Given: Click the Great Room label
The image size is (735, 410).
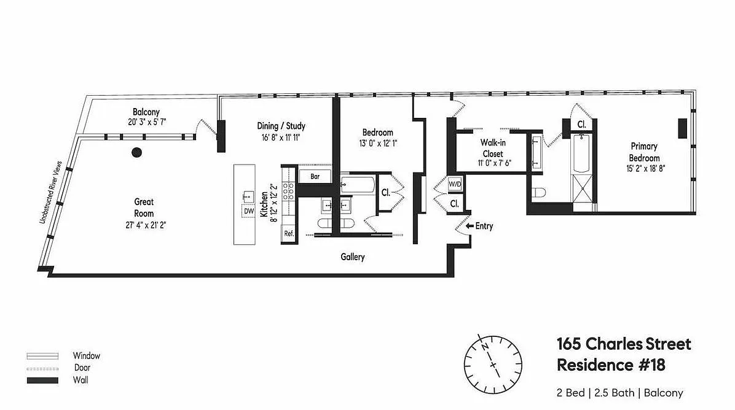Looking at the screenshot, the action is click(144, 207).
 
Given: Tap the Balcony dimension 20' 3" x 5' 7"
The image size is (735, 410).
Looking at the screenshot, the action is click(147, 122).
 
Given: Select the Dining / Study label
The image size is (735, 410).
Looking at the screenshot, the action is click(281, 126).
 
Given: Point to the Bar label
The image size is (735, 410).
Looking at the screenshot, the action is click(315, 176).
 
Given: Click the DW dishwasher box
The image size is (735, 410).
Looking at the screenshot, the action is click(249, 211).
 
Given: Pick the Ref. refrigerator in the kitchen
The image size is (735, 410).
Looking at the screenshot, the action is click(289, 234).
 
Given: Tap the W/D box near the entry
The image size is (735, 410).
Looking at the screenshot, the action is click(455, 184).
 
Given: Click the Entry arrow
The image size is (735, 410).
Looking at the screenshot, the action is click(470, 226).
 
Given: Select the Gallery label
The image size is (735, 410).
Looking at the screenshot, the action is click(353, 257).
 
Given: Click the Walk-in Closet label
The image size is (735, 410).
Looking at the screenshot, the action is click(493, 148).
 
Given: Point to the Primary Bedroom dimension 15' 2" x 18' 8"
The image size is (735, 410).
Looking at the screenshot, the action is click(646, 169).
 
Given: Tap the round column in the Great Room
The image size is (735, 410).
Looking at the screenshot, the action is click(136, 152).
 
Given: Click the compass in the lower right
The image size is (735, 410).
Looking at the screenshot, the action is click(493, 364).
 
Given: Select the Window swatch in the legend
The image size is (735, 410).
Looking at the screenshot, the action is click(42, 356).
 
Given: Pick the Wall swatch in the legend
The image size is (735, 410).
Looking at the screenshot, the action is click(42, 381).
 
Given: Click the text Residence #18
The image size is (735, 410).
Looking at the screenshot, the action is click(611, 365).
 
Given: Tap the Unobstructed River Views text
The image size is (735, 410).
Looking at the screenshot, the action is click(50, 192).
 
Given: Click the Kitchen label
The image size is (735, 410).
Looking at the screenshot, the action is click(264, 204).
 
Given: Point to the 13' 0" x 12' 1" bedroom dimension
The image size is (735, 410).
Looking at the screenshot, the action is click(378, 143).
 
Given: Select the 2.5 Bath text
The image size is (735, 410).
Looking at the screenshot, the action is click(615, 393).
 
